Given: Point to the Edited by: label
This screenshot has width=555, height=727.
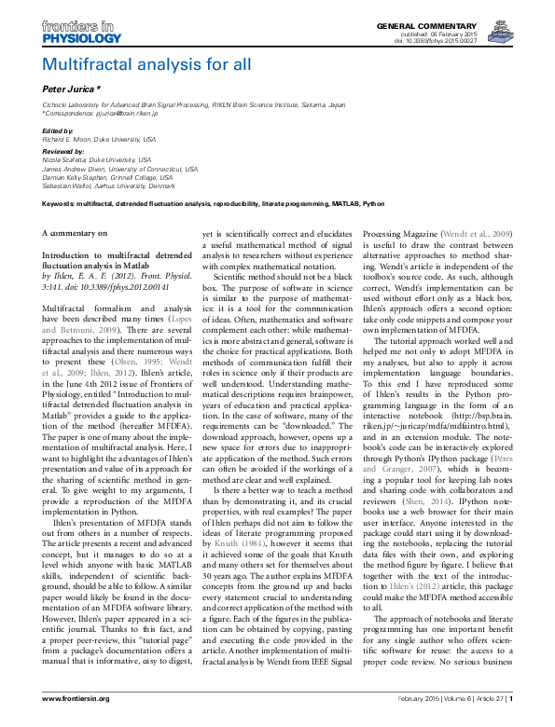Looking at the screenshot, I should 59,131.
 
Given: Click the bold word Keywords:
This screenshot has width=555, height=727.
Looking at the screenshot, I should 62,201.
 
